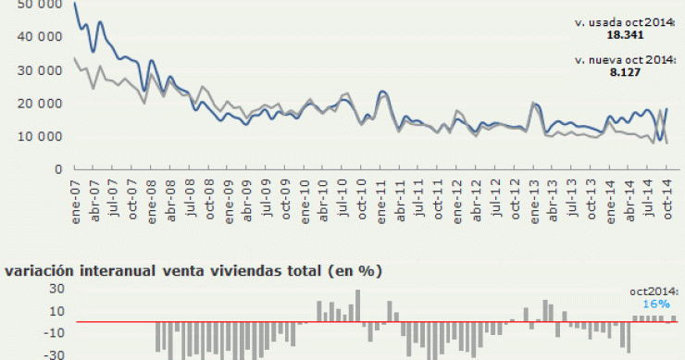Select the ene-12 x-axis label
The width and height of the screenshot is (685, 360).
pyautogui.click(x=456, y=193)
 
